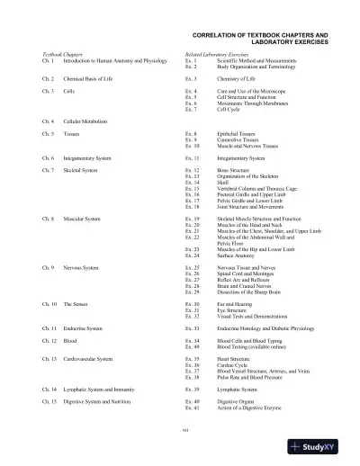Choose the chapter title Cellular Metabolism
(x=86, y=120)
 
